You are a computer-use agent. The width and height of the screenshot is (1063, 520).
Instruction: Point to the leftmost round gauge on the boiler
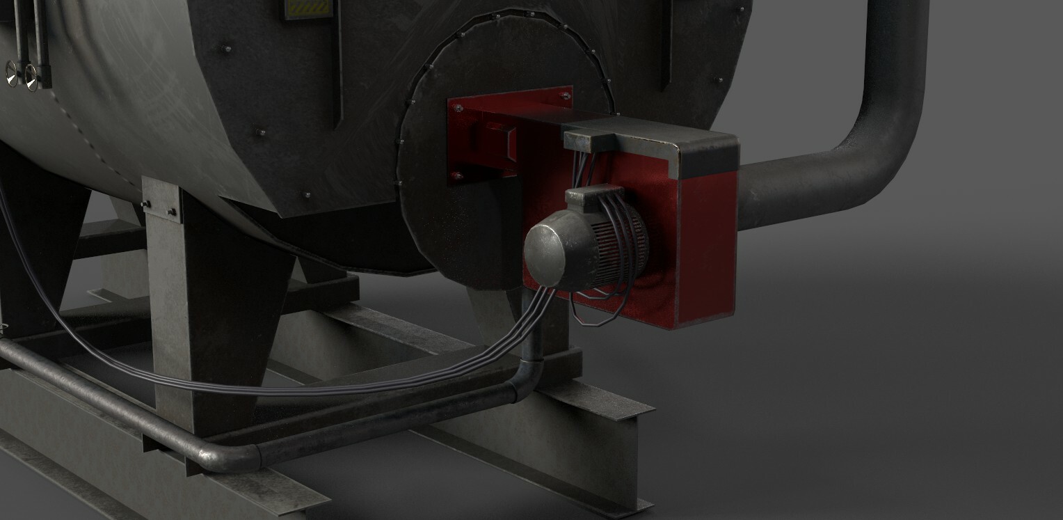coord(12,72)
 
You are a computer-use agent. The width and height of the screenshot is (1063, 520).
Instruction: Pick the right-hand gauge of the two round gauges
coord(31,74)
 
